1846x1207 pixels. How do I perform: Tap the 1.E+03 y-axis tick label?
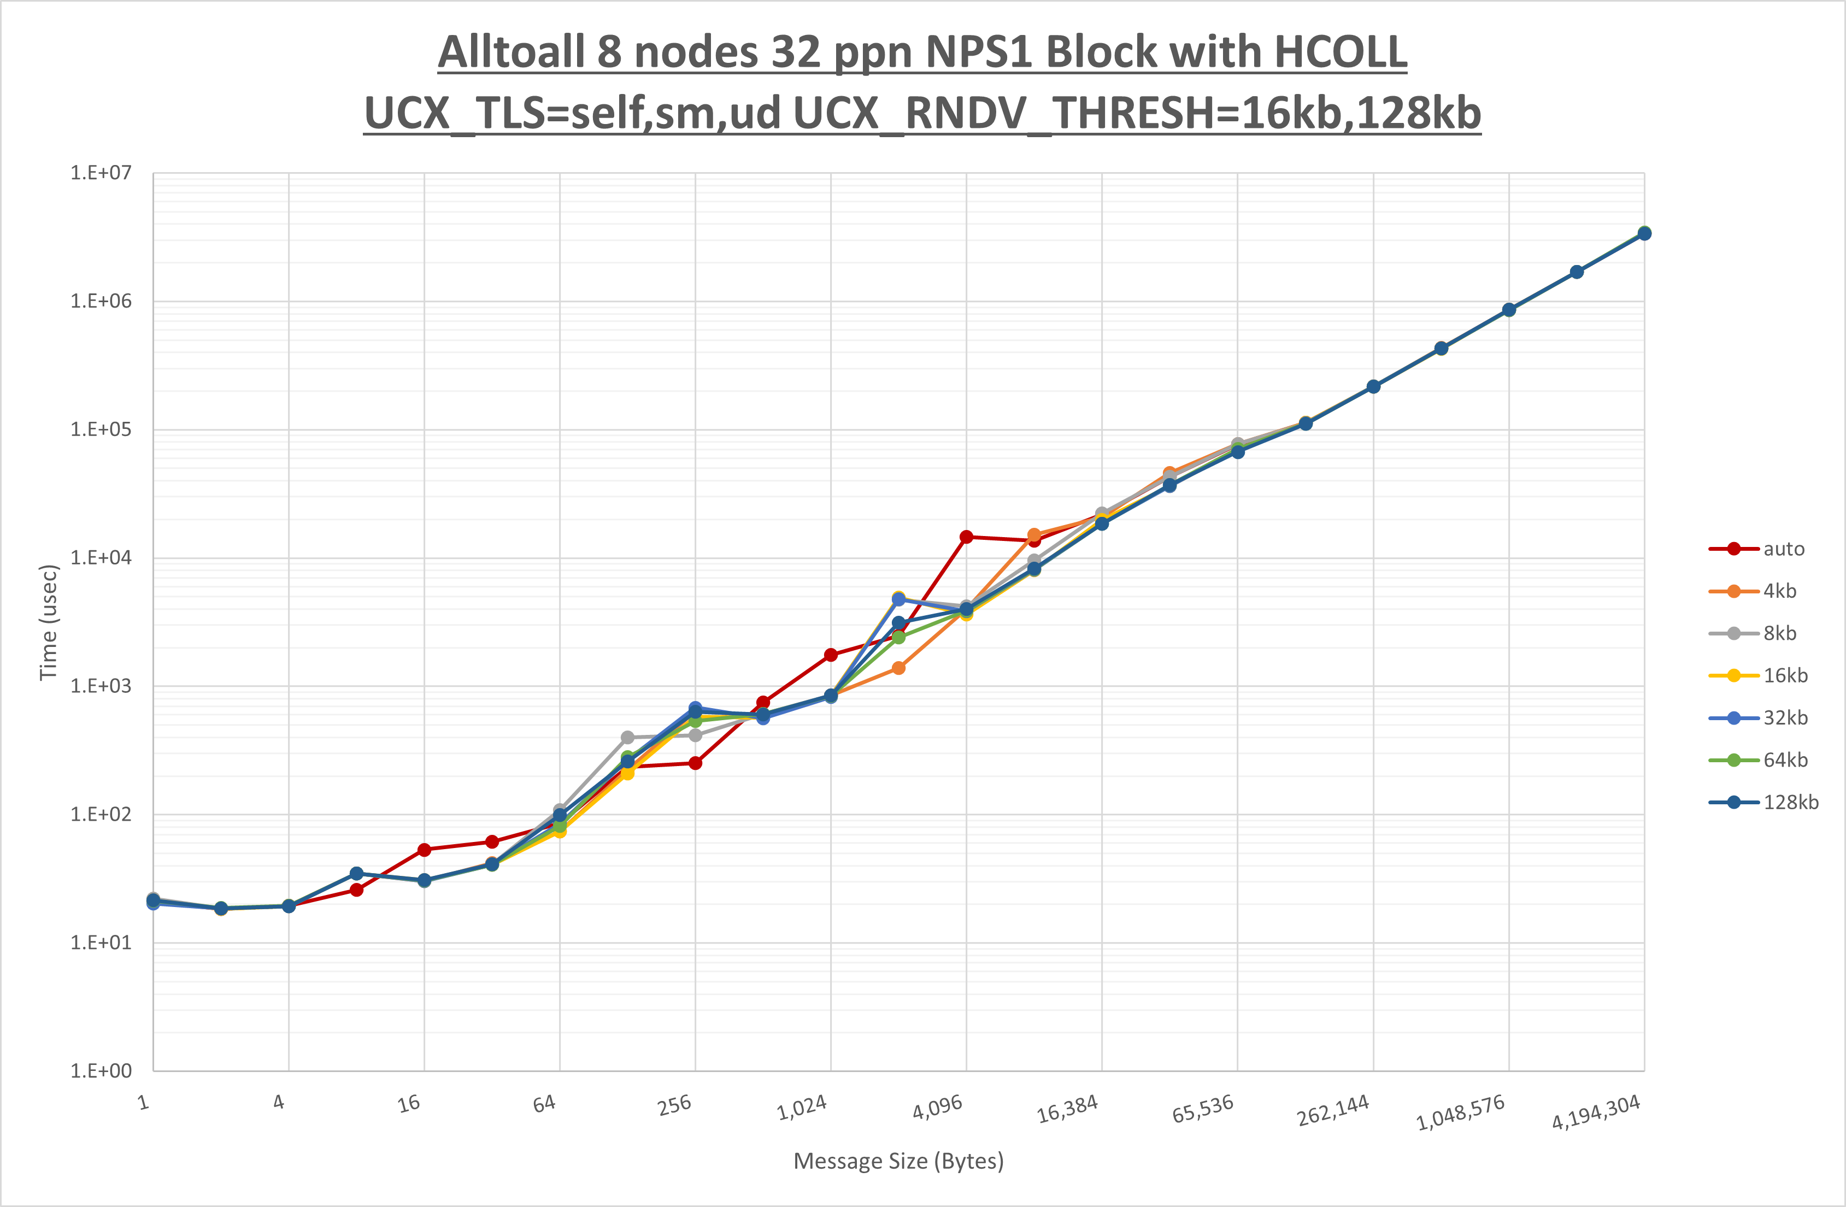(101, 686)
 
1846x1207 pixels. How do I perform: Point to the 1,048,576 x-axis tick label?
(1460, 1113)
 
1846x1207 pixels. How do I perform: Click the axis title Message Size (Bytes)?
(898, 1161)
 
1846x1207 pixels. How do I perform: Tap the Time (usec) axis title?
(48, 622)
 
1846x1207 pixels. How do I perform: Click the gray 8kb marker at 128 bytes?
(627, 738)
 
